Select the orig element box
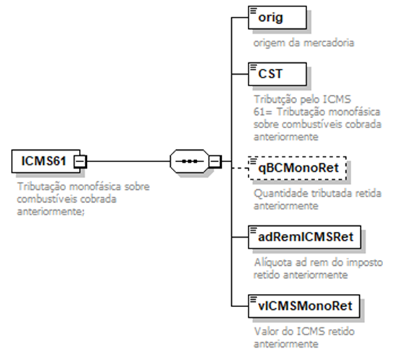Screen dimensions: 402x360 [277, 17]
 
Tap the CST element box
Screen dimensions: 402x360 [277, 74]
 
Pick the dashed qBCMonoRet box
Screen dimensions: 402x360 [298, 168]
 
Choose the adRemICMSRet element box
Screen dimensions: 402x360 [304, 237]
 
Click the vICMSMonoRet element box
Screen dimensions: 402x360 [304, 306]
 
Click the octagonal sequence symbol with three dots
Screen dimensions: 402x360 [190, 162]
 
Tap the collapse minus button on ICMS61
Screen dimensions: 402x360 [80, 162]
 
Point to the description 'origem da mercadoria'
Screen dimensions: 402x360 [303, 43]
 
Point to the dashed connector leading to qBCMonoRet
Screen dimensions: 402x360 [240, 168]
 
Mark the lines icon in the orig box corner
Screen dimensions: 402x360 [254, 11]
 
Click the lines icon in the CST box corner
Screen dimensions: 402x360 [254, 67]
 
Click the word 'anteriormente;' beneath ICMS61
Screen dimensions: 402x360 [51, 212]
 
